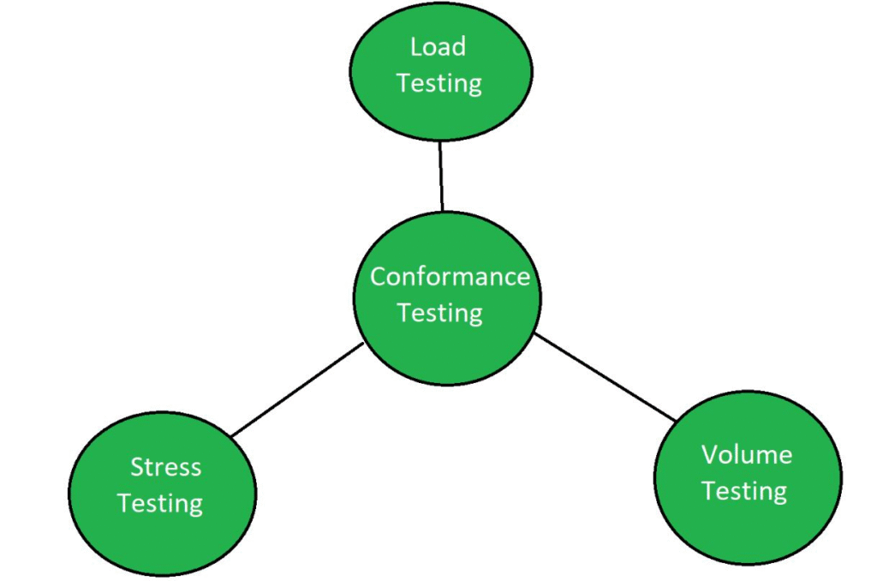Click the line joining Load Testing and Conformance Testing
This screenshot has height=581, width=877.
441,177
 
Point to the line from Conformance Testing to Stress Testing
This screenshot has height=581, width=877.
297,390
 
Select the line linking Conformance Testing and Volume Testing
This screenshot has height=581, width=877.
606,377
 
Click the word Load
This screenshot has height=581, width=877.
438,47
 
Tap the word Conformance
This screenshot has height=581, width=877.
450,277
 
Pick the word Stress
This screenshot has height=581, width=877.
165,467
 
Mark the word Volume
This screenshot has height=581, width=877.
746,454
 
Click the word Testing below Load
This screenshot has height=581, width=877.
439,83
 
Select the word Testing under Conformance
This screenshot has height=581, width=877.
440,313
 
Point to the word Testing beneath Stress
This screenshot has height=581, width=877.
160,503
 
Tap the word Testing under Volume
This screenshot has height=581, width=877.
744,491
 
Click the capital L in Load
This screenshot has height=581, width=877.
415,47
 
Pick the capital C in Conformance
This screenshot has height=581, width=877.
378,277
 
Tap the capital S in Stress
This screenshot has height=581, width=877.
137,467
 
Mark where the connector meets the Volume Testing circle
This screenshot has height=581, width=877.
677,419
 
